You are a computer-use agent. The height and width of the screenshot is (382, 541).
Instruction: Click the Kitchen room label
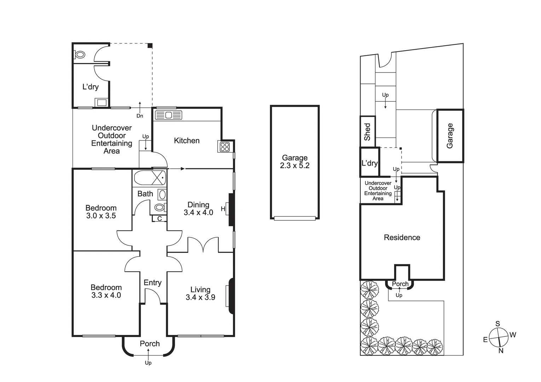(x=186, y=141)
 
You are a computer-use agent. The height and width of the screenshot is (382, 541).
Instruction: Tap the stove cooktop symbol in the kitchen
(x=224, y=147)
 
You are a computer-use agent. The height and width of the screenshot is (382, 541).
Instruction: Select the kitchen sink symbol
(x=168, y=115)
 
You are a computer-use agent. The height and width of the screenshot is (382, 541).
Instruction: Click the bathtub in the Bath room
(x=149, y=178)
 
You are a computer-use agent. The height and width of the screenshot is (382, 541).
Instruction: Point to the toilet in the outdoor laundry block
(x=80, y=55)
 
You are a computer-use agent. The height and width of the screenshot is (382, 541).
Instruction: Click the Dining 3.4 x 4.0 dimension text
(x=198, y=209)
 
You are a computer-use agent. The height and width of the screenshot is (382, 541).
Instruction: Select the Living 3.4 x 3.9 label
(x=200, y=294)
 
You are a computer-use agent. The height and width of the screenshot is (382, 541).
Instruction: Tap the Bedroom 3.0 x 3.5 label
(x=101, y=212)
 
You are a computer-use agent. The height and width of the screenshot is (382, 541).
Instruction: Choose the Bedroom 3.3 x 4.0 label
(x=106, y=291)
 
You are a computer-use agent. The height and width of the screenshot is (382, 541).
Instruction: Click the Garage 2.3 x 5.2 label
(x=295, y=162)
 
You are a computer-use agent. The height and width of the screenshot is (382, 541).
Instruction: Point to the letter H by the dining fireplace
(x=223, y=209)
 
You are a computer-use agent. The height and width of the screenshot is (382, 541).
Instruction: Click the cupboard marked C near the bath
(x=159, y=219)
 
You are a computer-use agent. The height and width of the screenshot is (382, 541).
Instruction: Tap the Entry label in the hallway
(x=152, y=283)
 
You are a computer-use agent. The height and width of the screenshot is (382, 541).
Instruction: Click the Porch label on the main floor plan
(x=150, y=343)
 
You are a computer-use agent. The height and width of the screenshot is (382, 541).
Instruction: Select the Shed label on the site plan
(x=367, y=132)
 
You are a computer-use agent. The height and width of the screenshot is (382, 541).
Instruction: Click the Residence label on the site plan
(x=402, y=238)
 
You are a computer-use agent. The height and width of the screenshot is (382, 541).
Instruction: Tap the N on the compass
(x=501, y=351)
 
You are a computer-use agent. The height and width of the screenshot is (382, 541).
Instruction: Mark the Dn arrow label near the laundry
(x=140, y=116)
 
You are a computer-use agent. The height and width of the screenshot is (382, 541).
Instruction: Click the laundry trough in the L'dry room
(x=101, y=103)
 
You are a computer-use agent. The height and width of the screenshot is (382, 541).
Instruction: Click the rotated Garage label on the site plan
(x=450, y=135)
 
